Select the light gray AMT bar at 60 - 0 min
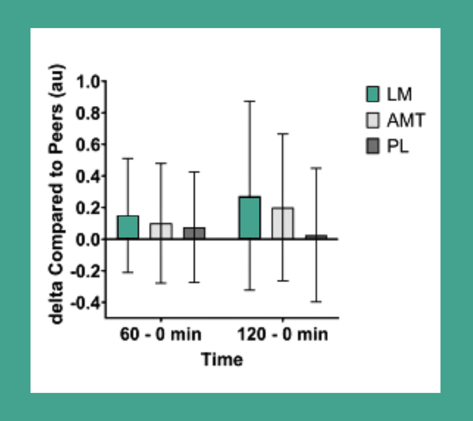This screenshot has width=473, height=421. [x=161, y=231]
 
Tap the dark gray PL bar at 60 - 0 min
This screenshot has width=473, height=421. [x=194, y=233]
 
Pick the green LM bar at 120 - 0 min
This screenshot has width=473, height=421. [x=250, y=217]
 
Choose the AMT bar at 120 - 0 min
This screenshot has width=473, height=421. [x=282, y=223]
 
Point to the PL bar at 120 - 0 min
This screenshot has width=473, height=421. [x=316, y=237]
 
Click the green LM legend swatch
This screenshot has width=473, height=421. [x=372, y=94]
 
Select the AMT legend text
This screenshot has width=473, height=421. [x=406, y=120]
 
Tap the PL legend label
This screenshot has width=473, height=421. [x=397, y=146]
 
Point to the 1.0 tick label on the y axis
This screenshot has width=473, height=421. [x=88, y=82]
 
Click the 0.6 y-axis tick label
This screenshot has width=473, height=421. [x=88, y=145]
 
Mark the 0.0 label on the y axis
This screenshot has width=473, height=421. [x=88, y=240]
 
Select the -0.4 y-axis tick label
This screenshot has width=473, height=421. [x=86, y=303]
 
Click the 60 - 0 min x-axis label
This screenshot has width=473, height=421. [x=161, y=334]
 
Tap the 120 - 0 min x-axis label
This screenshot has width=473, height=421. [x=282, y=334]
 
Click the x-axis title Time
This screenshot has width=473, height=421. [x=222, y=359]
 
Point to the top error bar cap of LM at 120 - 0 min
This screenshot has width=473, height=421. [x=250, y=101]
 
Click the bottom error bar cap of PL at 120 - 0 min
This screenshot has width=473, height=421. [x=316, y=301]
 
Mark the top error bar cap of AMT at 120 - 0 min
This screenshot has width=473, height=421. [x=282, y=134]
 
